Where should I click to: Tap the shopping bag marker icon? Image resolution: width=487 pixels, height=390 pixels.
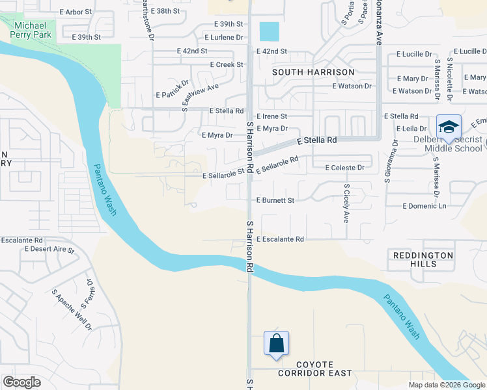276,343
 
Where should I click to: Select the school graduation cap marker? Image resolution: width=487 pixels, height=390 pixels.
449,126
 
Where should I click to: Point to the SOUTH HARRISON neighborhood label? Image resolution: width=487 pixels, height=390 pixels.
313,72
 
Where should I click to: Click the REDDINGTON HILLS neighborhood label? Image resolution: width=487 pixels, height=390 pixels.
423,260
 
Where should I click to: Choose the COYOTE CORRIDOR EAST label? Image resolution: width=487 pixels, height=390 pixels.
314,369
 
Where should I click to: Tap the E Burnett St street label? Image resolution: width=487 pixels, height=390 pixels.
275,201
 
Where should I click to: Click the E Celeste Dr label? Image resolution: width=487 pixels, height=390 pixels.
344,168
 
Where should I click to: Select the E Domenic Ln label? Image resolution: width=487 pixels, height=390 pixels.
424,206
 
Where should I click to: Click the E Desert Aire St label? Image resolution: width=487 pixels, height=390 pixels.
49,249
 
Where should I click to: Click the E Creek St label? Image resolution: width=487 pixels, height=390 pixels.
226,65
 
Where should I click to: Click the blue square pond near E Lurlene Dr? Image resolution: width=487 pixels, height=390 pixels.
269,31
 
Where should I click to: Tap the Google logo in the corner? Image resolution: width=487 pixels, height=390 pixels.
21,382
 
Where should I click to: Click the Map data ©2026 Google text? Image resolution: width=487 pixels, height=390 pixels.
446,385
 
